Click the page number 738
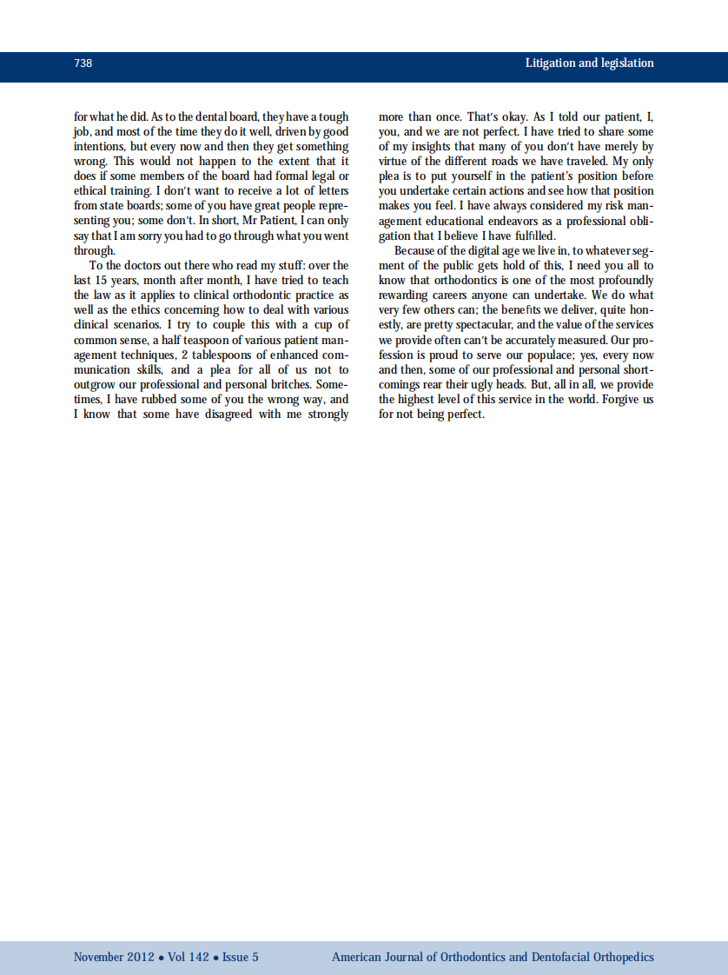[x=83, y=63]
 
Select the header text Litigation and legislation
[x=589, y=63]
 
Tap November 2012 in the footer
[x=112, y=957]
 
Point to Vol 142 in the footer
[x=189, y=957]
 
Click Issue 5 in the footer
[x=240, y=957]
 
